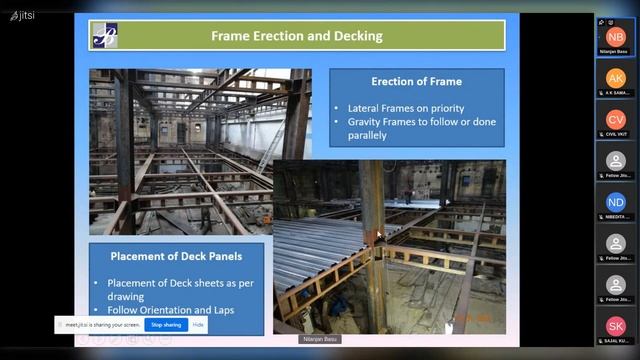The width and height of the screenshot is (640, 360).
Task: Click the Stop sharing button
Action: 166,324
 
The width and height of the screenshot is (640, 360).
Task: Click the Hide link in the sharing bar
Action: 198,324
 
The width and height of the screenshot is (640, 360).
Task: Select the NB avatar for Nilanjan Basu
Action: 615,36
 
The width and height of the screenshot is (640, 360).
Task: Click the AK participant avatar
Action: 615,78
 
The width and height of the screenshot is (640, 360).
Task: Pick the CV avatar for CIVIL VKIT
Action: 615,120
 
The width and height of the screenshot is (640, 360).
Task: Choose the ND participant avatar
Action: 615,202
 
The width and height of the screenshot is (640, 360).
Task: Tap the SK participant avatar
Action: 615,326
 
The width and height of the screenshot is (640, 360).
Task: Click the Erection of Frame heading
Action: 416,81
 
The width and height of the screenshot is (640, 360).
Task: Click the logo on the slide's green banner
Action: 105,36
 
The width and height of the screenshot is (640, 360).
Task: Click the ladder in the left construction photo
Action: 269,146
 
